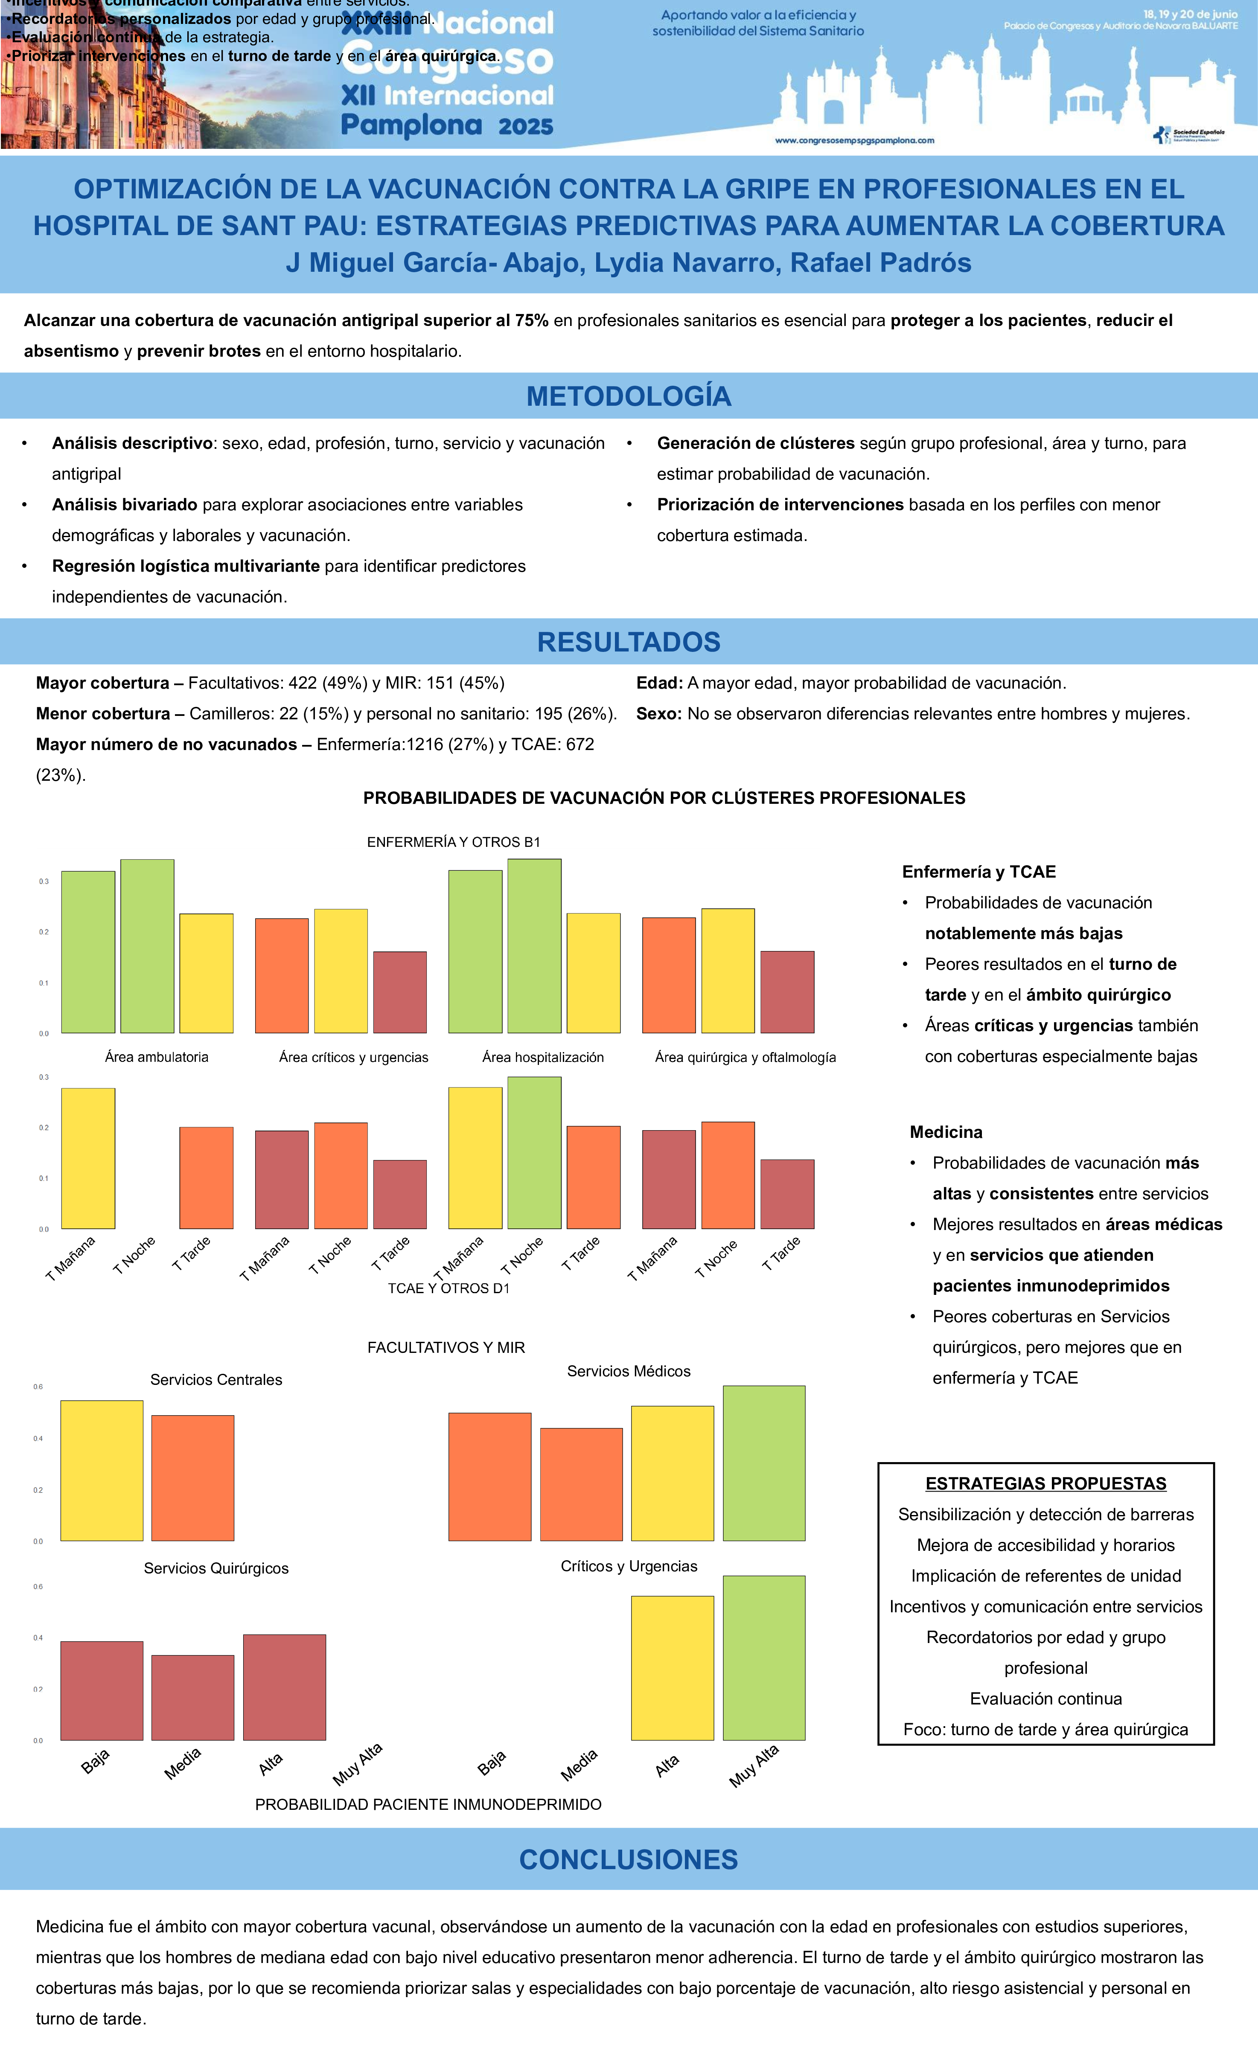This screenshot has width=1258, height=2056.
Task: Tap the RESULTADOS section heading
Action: click(x=629, y=642)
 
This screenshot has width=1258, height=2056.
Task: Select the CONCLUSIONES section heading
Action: click(x=629, y=1860)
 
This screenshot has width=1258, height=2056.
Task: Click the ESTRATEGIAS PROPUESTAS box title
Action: click(x=1045, y=1483)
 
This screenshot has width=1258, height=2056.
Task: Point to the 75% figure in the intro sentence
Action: click(x=531, y=320)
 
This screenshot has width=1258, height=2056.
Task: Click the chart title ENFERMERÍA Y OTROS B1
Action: click(x=453, y=842)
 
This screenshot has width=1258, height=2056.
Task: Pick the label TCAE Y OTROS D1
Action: click(x=448, y=1288)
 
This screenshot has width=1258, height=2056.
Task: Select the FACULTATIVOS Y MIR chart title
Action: click(x=446, y=1348)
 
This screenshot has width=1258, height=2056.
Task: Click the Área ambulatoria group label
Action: click(x=156, y=1057)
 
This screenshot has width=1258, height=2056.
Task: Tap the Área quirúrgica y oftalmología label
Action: click(x=745, y=1057)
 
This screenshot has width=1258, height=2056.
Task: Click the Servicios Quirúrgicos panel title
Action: click(x=216, y=1568)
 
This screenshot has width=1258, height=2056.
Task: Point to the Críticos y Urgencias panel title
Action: click(x=629, y=1566)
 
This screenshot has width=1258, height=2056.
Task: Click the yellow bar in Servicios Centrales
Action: click(x=102, y=1470)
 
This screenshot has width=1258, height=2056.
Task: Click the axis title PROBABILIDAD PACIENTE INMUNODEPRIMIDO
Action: click(x=428, y=1805)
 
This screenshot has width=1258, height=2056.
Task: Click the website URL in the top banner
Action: click(x=855, y=140)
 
